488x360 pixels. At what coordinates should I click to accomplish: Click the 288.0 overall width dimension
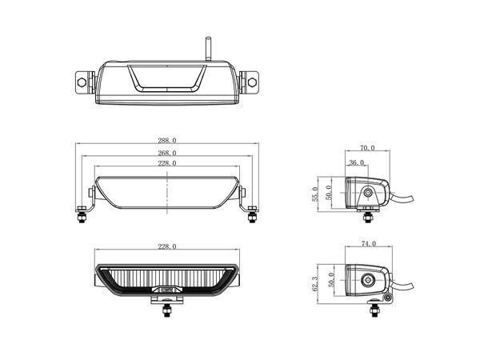pyautogui.click(x=168, y=141)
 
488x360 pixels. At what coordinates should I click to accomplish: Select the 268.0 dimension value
pyautogui.click(x=168, y=152)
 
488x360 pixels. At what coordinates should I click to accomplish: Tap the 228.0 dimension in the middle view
pyautogui.click(x=168, y=163)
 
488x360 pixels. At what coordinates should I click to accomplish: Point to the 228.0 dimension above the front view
pyautogui.click(x=168, y=247)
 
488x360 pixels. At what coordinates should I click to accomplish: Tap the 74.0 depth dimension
pyautogui.click(x=369, y=243)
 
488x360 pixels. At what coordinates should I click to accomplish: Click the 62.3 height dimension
pyautogui.click(x=315, y=283)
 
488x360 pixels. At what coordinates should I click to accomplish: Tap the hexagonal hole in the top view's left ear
pyautogui.click(x=82, y=82)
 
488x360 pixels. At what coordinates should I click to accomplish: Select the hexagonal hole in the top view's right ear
pyautogui.click(x=253, y=82)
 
